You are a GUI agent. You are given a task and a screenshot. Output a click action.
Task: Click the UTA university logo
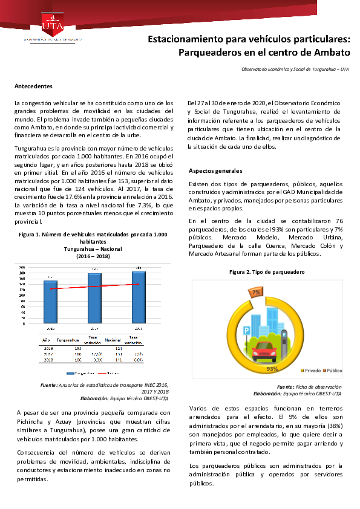click(52, 25)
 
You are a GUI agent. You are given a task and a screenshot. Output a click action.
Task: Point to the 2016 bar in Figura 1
click(50, 302)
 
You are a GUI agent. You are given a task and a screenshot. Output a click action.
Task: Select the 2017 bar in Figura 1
click(95, 298)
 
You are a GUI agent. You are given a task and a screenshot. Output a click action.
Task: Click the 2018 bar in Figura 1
click(139, 297)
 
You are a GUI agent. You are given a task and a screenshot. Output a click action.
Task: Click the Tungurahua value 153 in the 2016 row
click(78, 349)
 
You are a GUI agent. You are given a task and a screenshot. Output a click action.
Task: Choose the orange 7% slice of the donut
click(257, 293)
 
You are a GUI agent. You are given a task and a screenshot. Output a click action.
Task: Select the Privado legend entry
click(311, 370)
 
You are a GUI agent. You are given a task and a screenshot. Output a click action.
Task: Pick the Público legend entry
click(333, 370)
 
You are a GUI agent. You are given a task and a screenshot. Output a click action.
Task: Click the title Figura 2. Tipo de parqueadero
click(267, 273)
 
